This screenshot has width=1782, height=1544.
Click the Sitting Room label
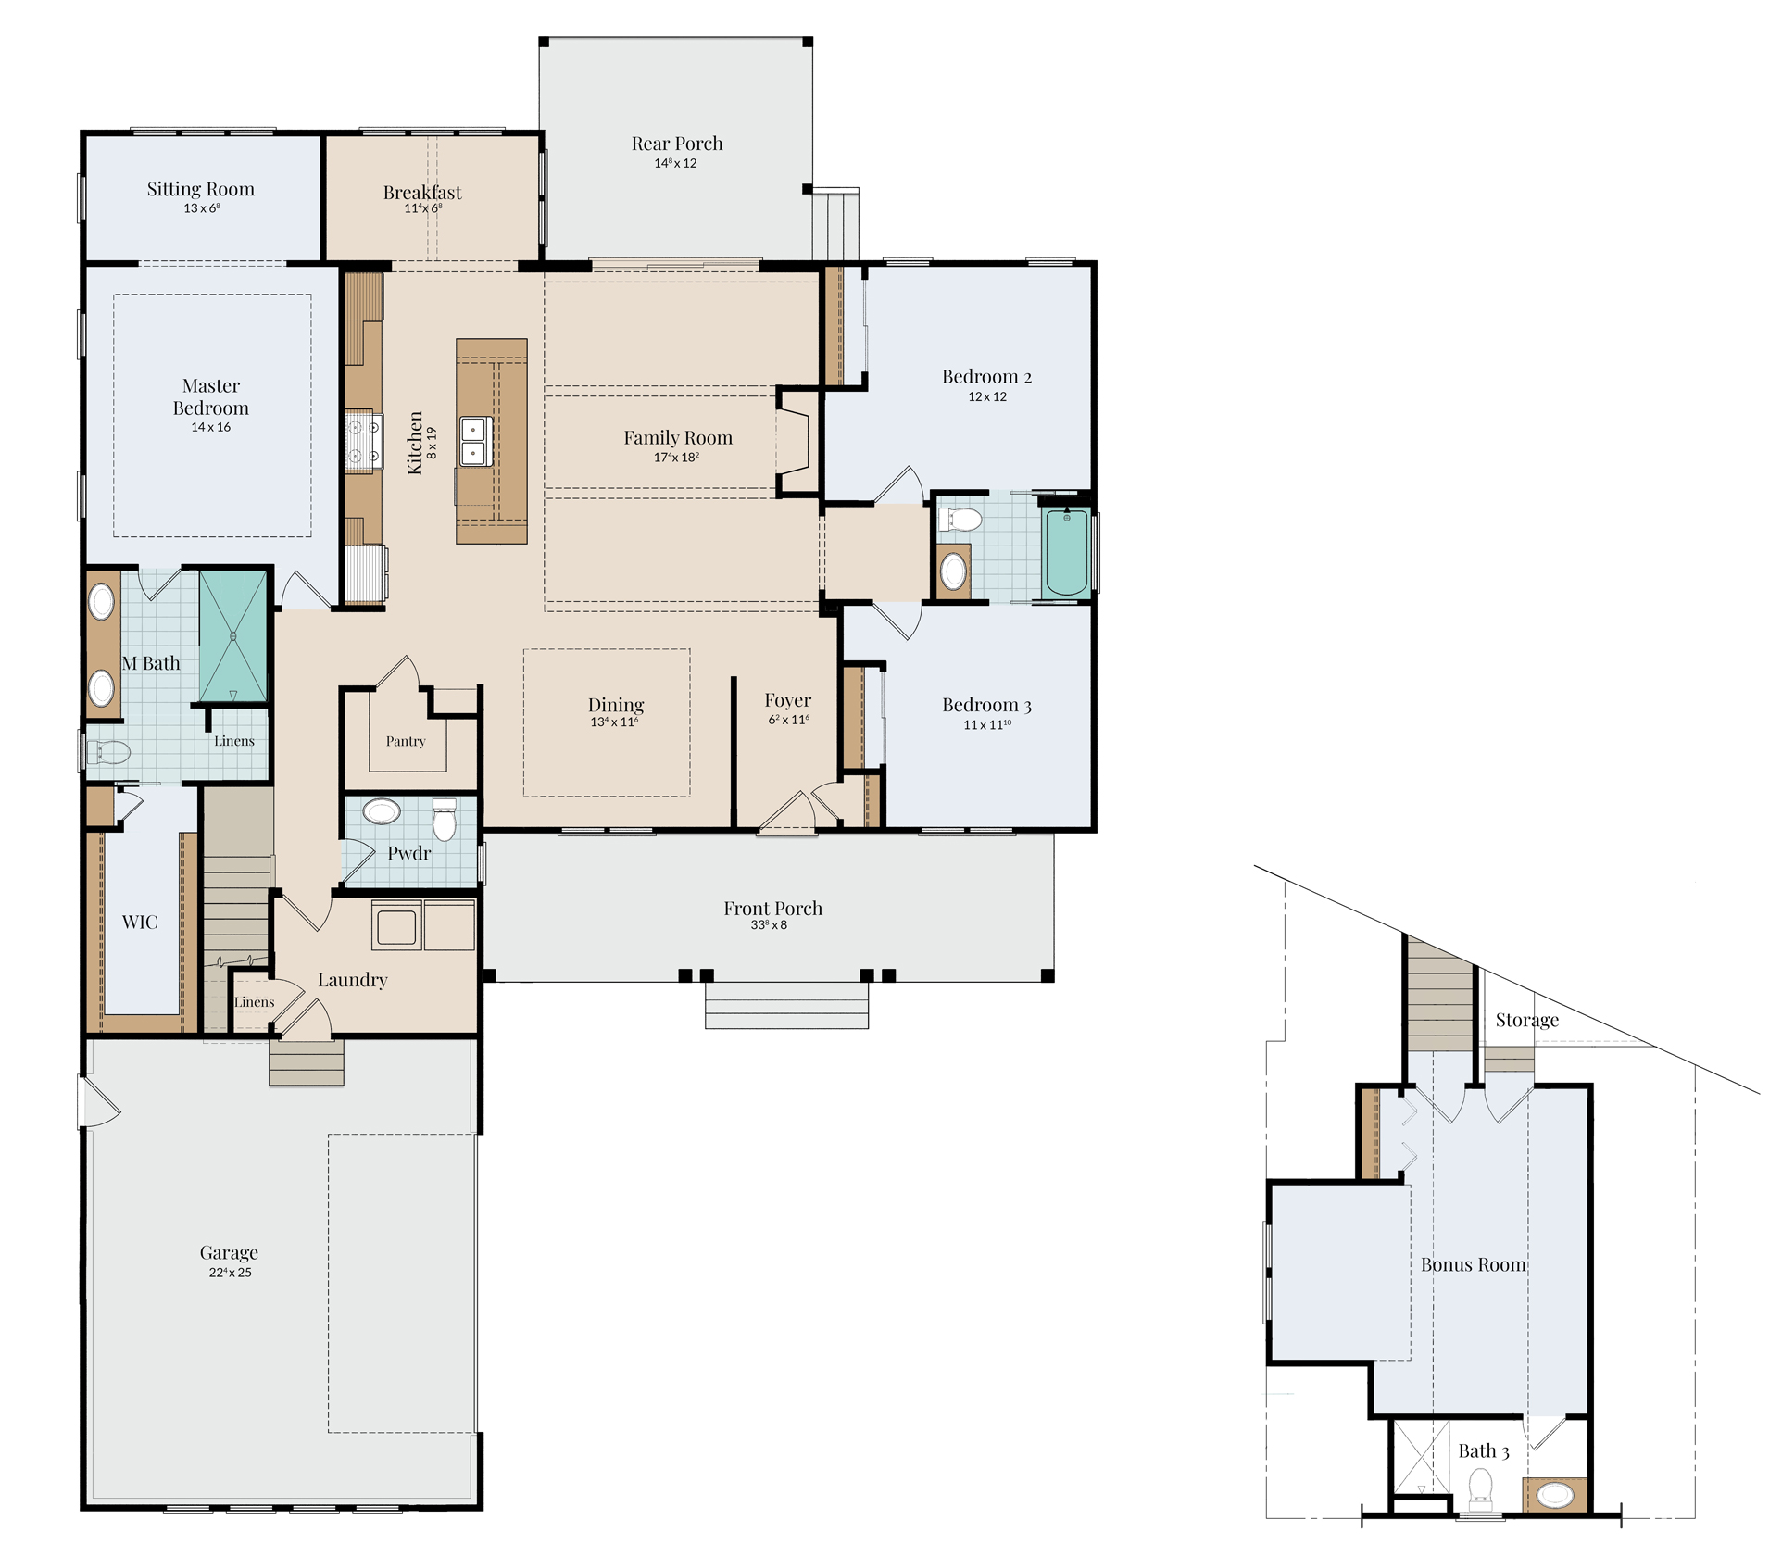201,189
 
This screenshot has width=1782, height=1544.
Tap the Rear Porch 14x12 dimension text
675,163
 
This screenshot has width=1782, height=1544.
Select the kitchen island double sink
476,441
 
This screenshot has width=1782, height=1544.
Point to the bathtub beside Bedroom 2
1066,552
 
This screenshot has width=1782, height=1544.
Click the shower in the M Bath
233,636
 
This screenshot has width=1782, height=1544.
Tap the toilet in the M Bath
107,752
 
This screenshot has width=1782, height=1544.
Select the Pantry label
406,741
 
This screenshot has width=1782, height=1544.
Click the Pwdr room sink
381,812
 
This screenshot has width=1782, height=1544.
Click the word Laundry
352,980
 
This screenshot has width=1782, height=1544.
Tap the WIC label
140,923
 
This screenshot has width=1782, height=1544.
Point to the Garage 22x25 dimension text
230,1273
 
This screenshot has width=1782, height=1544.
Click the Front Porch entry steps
786,1005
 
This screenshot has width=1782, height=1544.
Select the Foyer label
788,700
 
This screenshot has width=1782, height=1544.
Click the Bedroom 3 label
986,705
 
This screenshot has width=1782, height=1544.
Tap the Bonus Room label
1474,1264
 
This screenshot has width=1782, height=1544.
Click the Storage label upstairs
1526,1020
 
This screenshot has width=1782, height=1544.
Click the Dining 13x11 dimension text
615,722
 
